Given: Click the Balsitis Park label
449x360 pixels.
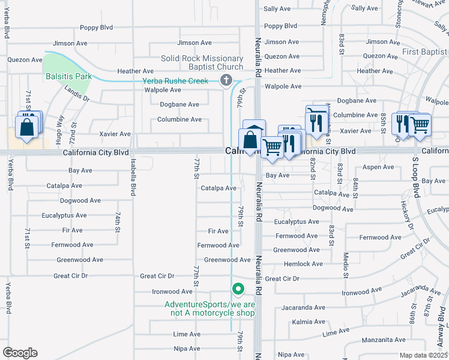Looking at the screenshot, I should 68,77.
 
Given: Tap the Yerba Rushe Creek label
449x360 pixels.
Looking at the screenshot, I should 175,81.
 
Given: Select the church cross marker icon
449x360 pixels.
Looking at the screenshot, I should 226,81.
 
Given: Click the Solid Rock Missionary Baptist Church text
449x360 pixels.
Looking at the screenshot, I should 202,62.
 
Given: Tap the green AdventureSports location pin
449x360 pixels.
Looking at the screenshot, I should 238,289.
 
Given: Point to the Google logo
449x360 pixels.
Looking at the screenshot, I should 20,353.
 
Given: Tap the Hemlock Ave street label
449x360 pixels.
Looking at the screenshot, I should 304,263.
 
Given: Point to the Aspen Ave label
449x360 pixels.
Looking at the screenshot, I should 379,167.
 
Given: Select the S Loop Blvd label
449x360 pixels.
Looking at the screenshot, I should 415,179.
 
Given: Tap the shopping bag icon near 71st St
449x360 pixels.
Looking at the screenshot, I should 27,127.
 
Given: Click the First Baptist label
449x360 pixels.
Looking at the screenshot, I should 425,52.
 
